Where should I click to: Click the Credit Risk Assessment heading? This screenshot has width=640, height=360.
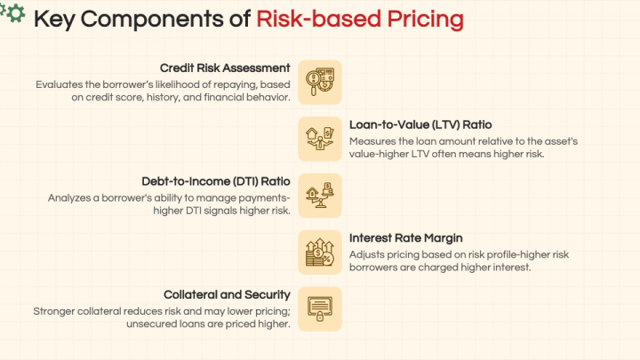[225, 68]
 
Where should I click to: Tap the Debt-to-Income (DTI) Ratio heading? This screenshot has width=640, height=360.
[216, 181]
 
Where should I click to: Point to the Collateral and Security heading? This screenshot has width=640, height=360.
[227, 294]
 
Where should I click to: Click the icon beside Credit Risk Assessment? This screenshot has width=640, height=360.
[319, 82]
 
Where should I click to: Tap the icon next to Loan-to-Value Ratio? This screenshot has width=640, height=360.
[319, 139]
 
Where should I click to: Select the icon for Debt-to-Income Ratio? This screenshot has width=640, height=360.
[319, 195]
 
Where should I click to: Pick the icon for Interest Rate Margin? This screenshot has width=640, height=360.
[319, 252]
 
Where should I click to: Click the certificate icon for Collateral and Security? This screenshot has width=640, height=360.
[319, 308]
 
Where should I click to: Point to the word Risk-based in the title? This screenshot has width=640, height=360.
[311, 20]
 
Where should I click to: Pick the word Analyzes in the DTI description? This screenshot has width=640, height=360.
[72, 198]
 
